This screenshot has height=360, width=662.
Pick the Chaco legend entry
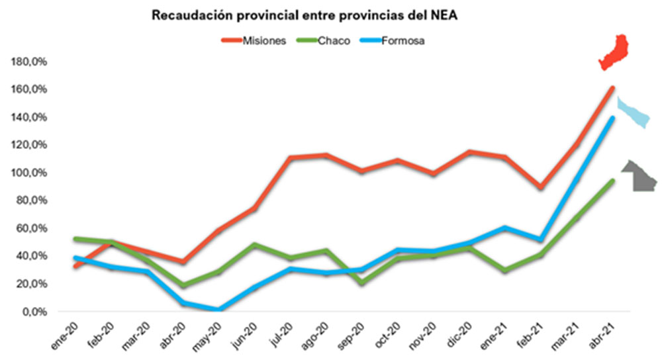[333, 40]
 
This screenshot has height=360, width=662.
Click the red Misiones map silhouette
[614, 52]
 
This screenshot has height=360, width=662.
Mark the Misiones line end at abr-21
[612, 88]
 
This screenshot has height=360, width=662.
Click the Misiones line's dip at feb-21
[541, 188]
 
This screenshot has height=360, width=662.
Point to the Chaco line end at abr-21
[612, 181]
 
